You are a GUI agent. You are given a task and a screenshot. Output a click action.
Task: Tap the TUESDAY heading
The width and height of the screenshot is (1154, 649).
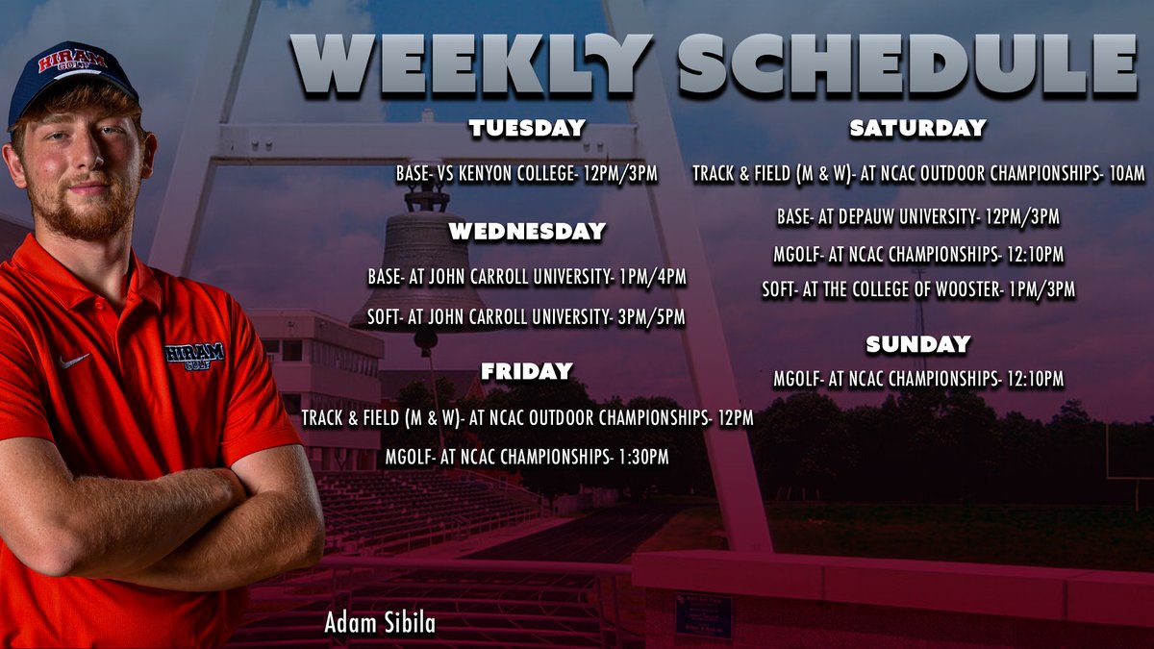pyautogui.click(x=526, y=129)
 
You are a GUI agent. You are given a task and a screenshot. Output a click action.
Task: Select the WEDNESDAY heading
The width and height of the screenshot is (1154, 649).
pyautogui.click(x=526, y=232)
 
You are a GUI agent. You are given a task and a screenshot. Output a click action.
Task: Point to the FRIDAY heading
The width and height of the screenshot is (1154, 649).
pyautogui.click(x=526, y=371)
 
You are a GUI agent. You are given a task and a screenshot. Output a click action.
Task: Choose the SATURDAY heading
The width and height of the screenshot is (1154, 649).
pyautogui.click(x=917, y=128)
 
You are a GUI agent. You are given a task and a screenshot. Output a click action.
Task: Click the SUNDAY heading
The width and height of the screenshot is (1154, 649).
pyautogui.click(x=917, y=344)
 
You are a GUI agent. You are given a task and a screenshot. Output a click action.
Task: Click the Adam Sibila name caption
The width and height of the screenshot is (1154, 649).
pyautogui.click(x=380, y=623)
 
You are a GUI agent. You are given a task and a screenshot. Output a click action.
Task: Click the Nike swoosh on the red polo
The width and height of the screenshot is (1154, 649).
pyautogui.click(x=73, y=361)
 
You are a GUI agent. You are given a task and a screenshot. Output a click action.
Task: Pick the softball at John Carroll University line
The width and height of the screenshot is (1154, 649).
pyautogui.click(x=526, y=317)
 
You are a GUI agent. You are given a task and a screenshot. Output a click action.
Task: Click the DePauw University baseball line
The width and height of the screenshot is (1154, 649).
pyautogui.click(x=917, y=217)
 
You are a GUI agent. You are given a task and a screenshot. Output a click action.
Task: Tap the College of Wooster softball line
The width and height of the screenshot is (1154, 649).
pyautogui.click(x=917, y=288)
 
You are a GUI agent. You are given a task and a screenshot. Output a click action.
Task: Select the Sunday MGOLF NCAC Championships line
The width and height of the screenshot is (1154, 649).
pyautogui.click(x=917, y=380)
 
